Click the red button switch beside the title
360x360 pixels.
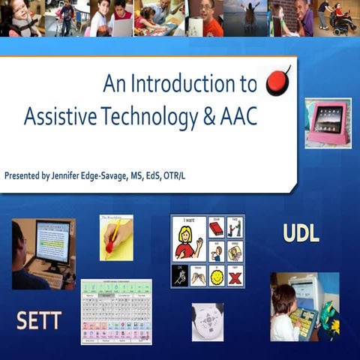pos(278,80)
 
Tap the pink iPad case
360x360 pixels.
pos(328,122)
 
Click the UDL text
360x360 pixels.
pos(301,233)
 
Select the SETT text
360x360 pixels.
pos(39,321)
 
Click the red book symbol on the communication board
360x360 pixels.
pos(216,227)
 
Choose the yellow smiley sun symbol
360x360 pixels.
pos(216,276)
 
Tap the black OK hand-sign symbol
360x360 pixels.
pos(180,276)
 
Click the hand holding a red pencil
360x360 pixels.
pos(116,238)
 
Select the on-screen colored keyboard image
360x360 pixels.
pos(116,311)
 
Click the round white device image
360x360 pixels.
pos(207,321)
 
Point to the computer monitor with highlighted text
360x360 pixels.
pos(52,241)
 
